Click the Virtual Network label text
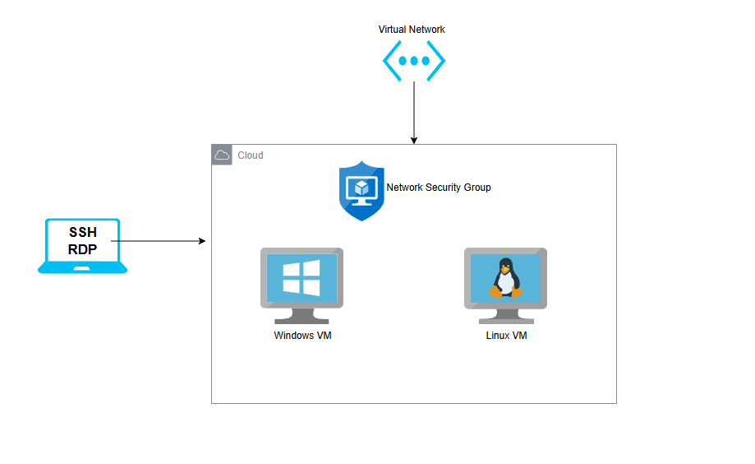[412, 30]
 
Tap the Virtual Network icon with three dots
[413, 61]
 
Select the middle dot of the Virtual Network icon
[414, 61]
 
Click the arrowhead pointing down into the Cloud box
[413, 141]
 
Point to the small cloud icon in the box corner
[222, 155]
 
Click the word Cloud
[251, 155]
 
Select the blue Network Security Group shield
[361, 191]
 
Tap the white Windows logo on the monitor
[302, 278]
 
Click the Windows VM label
[302, 335]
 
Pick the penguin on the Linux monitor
[505, 278]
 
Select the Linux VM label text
[506, 335]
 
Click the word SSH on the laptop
[83, 233]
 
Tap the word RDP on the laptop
[82, 249]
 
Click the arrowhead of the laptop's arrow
[202, 241]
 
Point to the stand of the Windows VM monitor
[302, 317]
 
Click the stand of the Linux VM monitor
[506, 317]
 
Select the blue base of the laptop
[82, 267]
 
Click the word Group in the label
[477, 188]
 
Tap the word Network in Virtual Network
[426, 30]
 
